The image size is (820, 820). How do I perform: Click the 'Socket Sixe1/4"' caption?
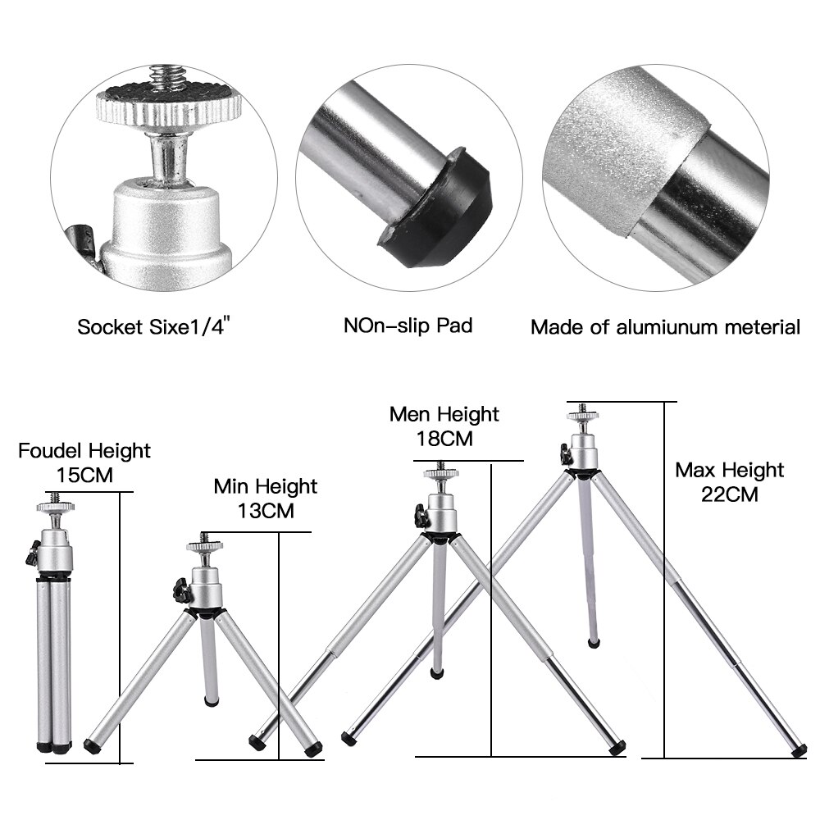153,327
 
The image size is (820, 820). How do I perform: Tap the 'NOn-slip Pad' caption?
408,326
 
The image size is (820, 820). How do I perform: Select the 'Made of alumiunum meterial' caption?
665,328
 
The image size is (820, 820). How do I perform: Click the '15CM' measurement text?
84,475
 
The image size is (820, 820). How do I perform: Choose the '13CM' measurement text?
265,510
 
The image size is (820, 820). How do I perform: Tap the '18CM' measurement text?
444,438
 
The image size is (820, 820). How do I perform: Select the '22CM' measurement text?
729,494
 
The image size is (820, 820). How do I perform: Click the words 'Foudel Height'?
84,450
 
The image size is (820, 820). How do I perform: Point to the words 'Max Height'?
729,470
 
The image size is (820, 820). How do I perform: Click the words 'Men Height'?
444,413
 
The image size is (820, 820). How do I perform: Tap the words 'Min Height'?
265,486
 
